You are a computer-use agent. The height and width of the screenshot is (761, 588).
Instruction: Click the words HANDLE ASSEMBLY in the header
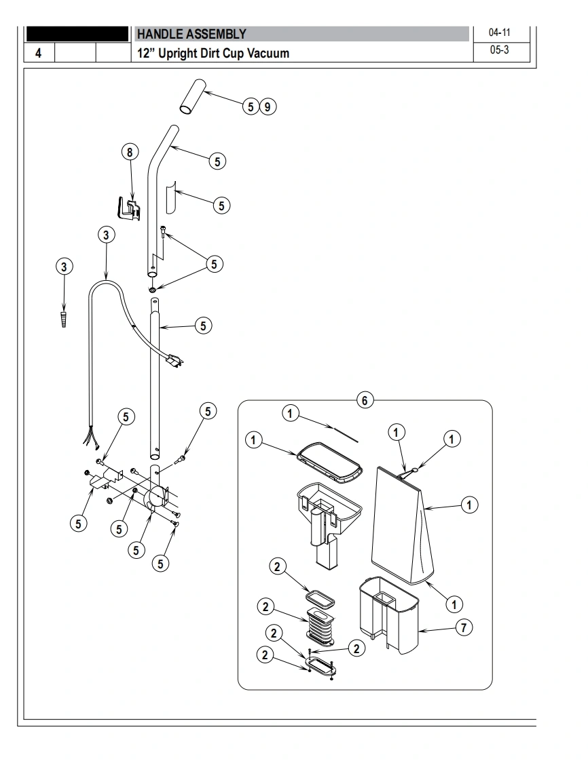[x=191, y=34]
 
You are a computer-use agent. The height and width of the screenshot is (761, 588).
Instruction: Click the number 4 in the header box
[x=39, y=53]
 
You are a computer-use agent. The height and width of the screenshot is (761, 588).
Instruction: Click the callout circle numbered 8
[x=130, y=151]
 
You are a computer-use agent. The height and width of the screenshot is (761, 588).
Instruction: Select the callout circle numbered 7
[x=463, y=628]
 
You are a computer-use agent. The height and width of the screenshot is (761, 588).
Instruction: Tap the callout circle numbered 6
[x=365, y=400]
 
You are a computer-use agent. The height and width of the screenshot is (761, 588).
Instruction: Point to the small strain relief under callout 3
[x=65, y=319]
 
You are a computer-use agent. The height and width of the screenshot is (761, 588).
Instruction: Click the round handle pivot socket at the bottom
[x=155, y=500]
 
